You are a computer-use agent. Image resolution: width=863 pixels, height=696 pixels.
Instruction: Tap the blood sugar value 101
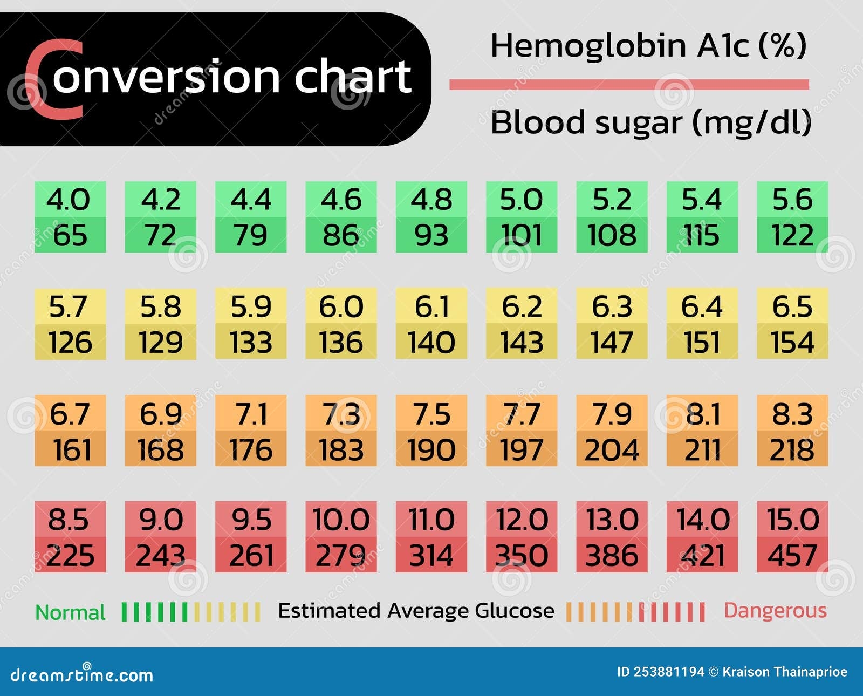[521, 236]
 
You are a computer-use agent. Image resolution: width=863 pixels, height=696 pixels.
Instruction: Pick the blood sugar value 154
[792, 343]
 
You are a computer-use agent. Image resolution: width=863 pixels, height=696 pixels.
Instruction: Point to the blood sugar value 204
[612, 450]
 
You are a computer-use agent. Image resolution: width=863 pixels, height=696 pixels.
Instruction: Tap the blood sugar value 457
[792, 556]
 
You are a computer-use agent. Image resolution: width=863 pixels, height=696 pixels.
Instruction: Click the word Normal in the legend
[70, 613]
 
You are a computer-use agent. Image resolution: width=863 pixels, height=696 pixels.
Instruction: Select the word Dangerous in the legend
[775, 611]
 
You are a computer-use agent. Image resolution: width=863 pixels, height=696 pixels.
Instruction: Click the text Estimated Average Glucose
[416, 611]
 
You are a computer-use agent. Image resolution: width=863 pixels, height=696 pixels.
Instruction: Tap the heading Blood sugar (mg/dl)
[650, 122]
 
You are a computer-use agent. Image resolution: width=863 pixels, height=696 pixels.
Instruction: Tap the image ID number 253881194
[669, 672]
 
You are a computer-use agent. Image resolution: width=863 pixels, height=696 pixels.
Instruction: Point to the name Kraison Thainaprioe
[784, 672]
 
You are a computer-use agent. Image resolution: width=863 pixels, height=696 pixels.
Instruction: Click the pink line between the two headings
[629, 85]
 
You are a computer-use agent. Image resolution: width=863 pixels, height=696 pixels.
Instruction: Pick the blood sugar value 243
[160, 556]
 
